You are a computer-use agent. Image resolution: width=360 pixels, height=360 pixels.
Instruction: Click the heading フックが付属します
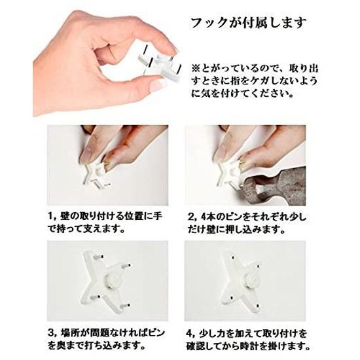(x=249, y=23)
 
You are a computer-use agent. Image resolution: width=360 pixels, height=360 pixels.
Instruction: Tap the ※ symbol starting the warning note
(x=196, y=68)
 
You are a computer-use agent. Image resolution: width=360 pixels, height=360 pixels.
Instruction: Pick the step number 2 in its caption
(x=190, y=217)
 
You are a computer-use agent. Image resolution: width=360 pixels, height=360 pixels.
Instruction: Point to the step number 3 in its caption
(x=51, y=333)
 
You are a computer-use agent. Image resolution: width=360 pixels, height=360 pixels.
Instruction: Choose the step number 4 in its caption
(x=189, y=333)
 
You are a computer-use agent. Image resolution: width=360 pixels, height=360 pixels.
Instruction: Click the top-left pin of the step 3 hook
(x=99, y=257)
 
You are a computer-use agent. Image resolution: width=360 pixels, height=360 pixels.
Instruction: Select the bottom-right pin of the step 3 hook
(x=126, y=306)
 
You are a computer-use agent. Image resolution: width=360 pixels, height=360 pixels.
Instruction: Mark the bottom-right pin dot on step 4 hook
(x=259, y=306)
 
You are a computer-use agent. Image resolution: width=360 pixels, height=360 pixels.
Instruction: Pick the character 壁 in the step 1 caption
(x=64, y=217)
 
